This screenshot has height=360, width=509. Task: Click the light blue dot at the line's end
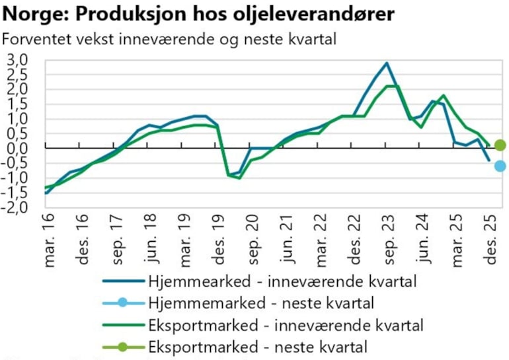[x=500, y=166]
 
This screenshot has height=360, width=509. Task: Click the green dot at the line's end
[x=500, y=145]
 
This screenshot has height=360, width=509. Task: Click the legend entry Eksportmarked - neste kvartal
[x=258, y=345]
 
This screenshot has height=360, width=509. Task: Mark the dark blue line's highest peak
[x=387, y=63]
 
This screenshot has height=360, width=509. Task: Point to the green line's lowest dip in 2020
[x=239, y=178]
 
